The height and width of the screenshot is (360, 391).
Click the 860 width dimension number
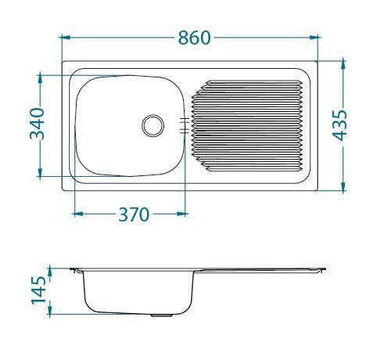click(x=191, y=37)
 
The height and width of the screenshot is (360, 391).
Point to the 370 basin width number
click(x=133, y=214)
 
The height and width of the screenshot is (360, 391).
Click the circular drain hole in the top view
click(x=152, y=124)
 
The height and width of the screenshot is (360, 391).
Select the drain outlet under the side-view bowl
click(x=162, y=315)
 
